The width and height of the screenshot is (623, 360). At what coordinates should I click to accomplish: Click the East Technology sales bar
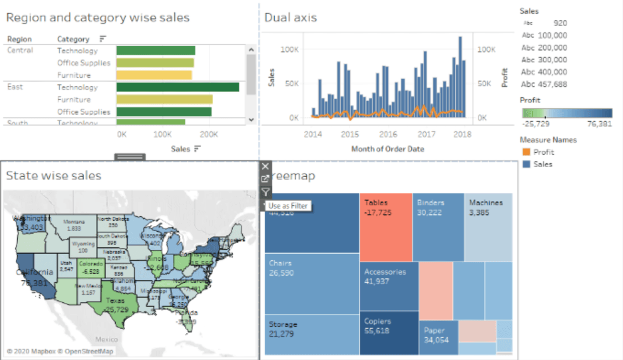tap(178, 87)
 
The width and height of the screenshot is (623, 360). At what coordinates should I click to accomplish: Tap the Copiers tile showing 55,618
tap(388, 332)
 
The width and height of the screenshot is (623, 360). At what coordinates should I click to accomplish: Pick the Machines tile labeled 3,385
tap(489, 226)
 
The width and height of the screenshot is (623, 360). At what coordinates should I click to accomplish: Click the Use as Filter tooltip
tap(288, 206)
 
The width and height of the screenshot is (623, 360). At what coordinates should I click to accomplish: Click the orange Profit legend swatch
tap(526, 152)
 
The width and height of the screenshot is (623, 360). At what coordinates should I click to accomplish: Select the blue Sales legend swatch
tap(526, 164)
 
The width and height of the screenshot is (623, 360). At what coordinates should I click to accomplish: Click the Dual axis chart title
tap(291, 18)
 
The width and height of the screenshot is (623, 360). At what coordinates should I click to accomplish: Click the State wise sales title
tap(53, 176)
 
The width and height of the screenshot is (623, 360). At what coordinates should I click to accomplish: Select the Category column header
tap(73, 39)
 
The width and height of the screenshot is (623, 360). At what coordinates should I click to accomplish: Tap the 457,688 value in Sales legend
tap(553, 84)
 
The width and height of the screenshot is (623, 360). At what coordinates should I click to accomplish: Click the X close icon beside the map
tap(265, 166)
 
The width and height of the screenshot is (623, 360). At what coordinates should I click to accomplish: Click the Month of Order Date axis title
tap(387, 149)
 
